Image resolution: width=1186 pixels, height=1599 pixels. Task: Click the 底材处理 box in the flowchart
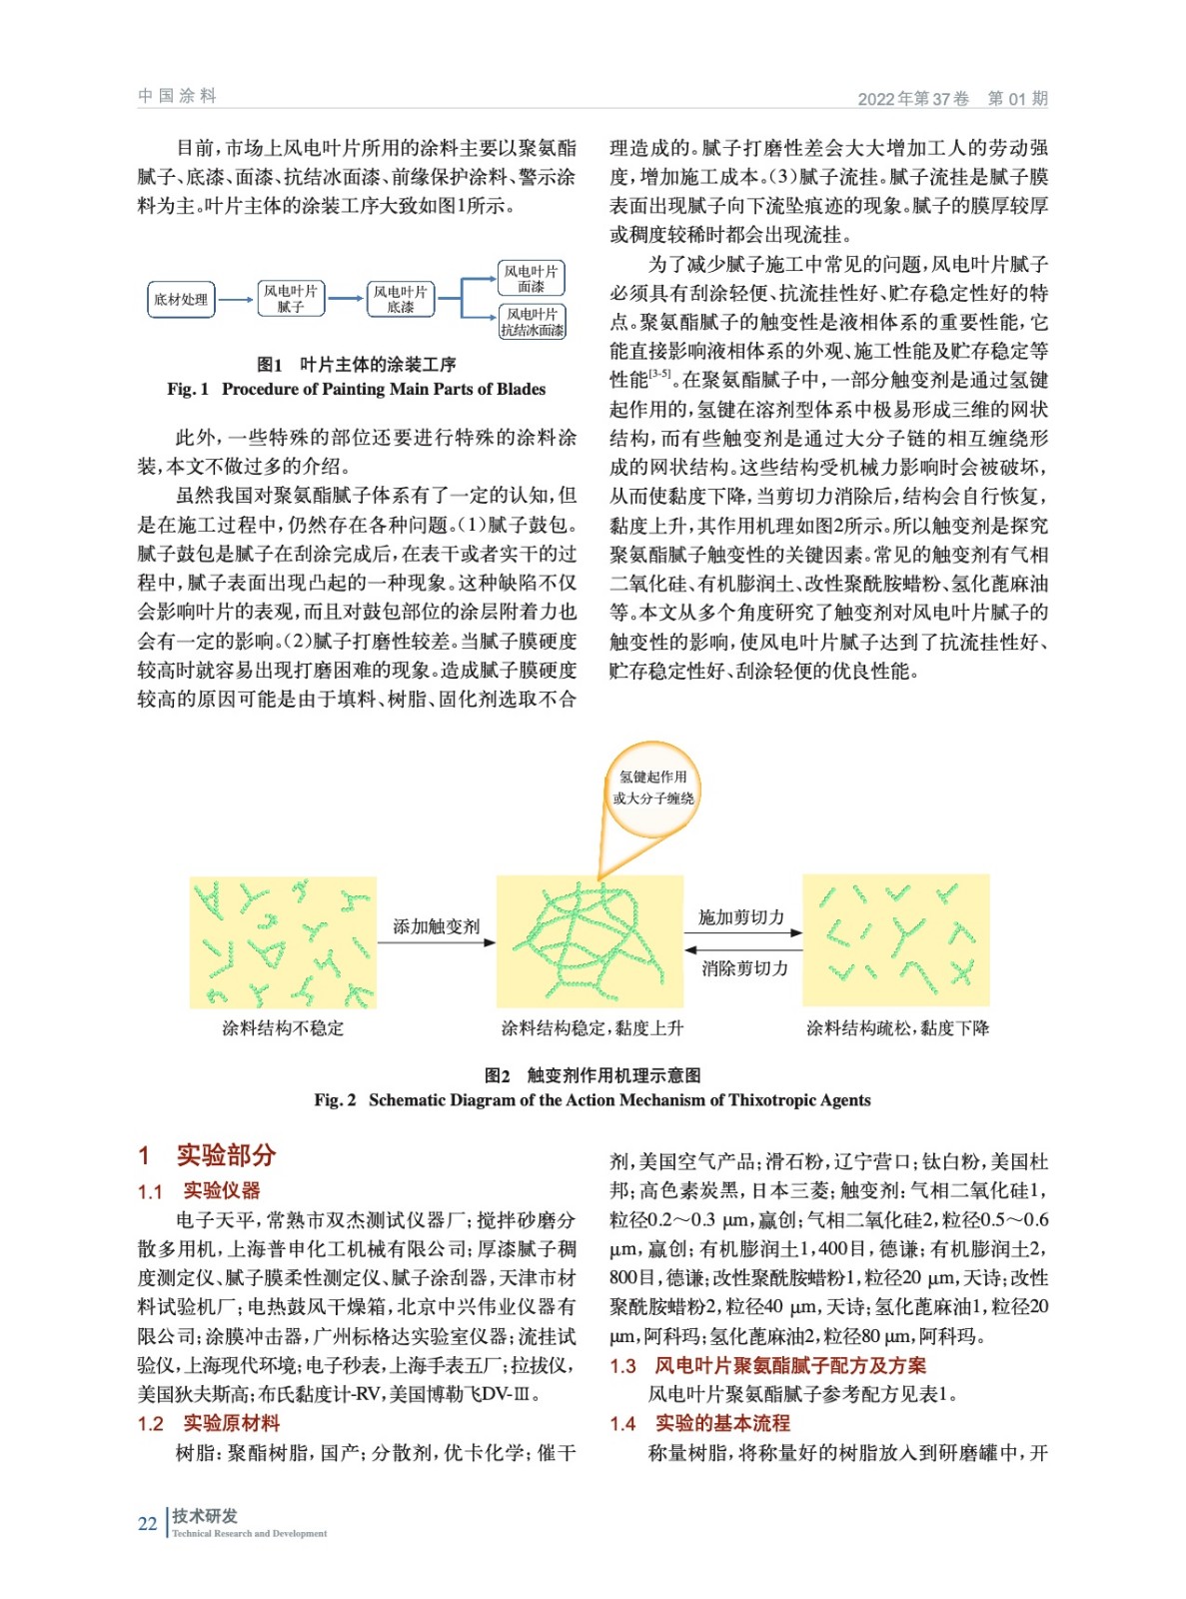[x=181, y=299]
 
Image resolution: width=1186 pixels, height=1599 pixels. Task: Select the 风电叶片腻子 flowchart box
[x=291, y=298]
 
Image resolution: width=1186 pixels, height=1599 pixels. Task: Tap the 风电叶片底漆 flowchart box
[x=401, y=298]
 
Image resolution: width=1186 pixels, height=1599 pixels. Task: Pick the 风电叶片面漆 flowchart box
[x=532, y=278]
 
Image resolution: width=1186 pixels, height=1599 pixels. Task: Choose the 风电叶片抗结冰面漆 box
[x=532, y=322]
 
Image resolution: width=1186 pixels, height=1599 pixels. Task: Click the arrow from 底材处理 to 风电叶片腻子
[x=236, y=299]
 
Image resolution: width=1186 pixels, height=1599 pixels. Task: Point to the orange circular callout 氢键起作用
[x=653, y=788]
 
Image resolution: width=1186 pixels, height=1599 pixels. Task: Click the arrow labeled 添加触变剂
[x=437, y=942]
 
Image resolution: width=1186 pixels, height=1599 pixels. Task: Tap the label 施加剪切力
[x=741, y=917]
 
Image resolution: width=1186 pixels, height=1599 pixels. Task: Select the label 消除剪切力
[x=744, y=968]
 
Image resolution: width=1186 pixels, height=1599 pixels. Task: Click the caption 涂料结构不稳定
[x=283, y=1028]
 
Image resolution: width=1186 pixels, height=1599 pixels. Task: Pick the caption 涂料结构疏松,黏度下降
[x=897, y=1028]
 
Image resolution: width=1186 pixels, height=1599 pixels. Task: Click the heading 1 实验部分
[x=207, y=1155]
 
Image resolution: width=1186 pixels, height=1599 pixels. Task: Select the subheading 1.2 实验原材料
[x=209, y=1423]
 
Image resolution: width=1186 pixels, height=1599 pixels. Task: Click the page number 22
[x=147, y=1523]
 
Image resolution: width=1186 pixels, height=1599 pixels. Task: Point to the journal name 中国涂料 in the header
[x=177, y=96]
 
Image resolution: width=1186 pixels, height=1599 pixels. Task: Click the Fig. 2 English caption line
[x=593, y=1100]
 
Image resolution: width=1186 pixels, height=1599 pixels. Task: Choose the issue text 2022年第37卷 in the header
[x=913, y=99]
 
